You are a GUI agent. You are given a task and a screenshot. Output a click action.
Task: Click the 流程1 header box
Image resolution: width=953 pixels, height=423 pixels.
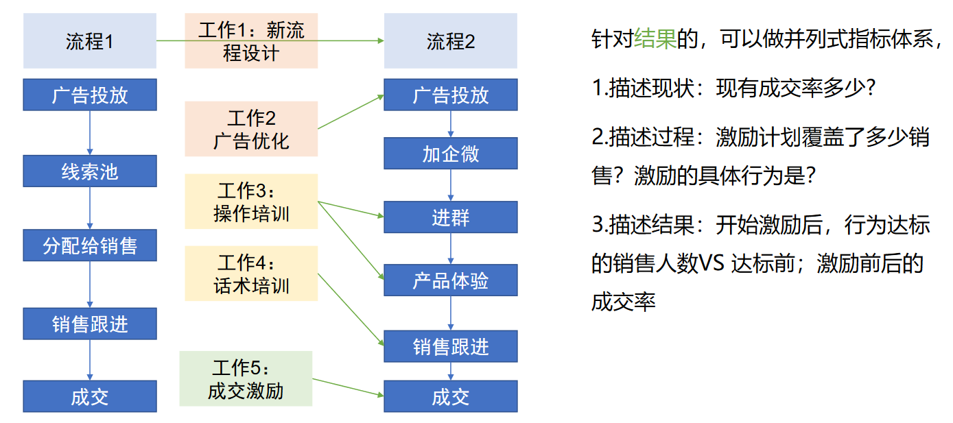coord(90,42)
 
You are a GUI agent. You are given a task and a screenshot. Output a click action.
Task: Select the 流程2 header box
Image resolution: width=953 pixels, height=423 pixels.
coord(450,42)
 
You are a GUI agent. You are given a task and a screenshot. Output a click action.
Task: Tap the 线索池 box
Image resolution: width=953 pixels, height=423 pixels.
coord(90,171)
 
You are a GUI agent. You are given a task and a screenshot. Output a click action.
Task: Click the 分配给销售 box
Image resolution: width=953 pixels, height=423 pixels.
coord(90,245)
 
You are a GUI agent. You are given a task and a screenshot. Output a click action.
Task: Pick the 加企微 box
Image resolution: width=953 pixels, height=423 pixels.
coord(450,154)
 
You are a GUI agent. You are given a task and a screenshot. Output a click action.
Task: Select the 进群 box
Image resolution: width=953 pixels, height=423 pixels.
coord(450,217)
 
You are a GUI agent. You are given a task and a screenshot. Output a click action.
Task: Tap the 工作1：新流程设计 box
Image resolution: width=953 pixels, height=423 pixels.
coord(251,42)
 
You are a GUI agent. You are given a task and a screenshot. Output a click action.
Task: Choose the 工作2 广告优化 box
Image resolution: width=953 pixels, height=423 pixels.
coord(251,129)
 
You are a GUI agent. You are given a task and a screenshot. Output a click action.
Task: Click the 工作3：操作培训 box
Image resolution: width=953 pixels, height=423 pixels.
coord(251,202)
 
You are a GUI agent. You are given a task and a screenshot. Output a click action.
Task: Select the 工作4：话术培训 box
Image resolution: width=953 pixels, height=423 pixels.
coord(251,274)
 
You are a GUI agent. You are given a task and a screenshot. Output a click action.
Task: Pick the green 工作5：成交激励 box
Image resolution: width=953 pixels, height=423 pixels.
coord(246,378)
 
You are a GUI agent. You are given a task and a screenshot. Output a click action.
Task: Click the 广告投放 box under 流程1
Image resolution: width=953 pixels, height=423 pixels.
coord(90,95)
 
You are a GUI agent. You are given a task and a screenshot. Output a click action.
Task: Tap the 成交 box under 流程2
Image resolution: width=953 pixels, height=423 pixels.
coord(450,397)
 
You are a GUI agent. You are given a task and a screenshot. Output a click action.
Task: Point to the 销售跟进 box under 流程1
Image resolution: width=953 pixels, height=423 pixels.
coord(90,324)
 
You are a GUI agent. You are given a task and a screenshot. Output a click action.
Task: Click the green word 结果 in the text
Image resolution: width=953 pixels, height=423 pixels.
coord(655,39)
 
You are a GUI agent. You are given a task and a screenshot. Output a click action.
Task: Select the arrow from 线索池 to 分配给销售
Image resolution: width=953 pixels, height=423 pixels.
coord(90,208)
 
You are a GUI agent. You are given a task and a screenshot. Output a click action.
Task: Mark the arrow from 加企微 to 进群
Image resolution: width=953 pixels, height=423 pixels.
coord(451,185)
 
